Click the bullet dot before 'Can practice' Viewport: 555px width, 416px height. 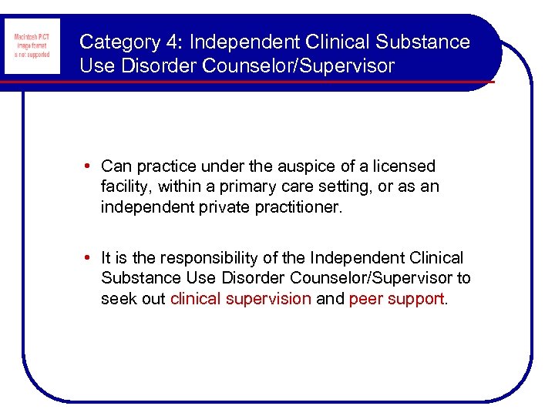click(x=90, y=166)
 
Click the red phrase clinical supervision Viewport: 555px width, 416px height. click(x=240, y=299)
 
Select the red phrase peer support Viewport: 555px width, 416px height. click(x=396, y=299)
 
